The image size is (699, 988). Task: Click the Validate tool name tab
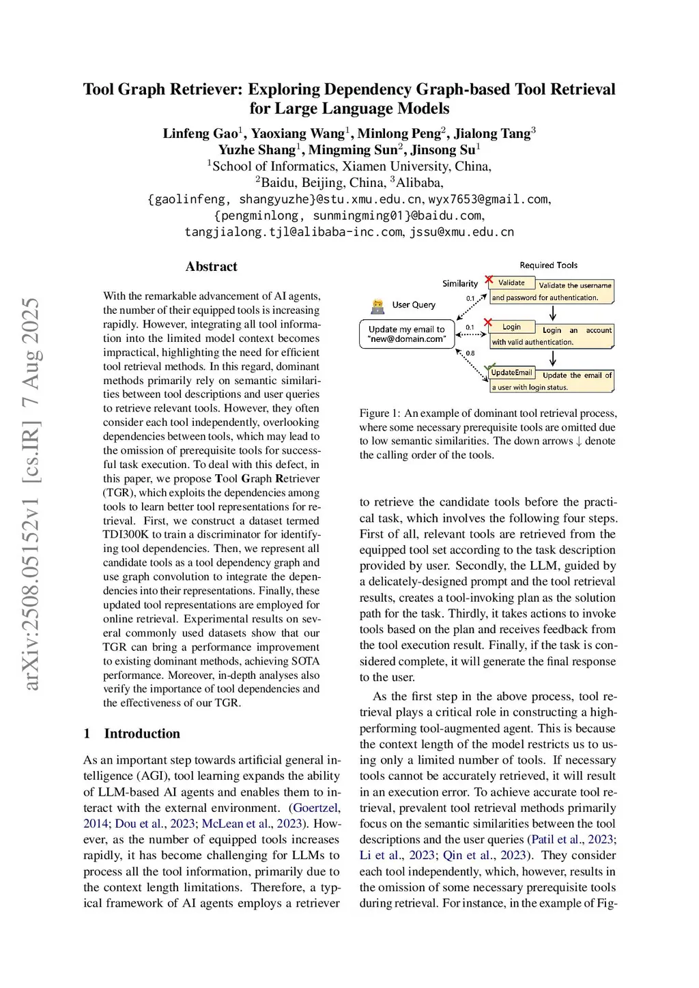point(511,282)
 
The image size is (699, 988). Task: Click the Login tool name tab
point(511,327)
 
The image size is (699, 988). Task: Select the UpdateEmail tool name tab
point(511,373)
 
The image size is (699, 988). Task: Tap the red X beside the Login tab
point(487,322)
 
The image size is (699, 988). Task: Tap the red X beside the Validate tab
point(489,280)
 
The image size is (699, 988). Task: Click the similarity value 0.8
point(470,353)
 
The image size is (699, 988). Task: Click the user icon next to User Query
point(377,306)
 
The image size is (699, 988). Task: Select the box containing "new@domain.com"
point(407,334)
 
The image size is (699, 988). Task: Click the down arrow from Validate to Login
point(553,313)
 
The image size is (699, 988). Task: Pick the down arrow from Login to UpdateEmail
point(553,358)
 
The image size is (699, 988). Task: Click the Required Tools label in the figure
point(548,265)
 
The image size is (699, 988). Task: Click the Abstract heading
point(212,267)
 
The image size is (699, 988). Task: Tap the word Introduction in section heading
point(142,733)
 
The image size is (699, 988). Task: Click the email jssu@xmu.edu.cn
point(462,232)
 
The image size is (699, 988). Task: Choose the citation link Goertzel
point(315,808)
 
